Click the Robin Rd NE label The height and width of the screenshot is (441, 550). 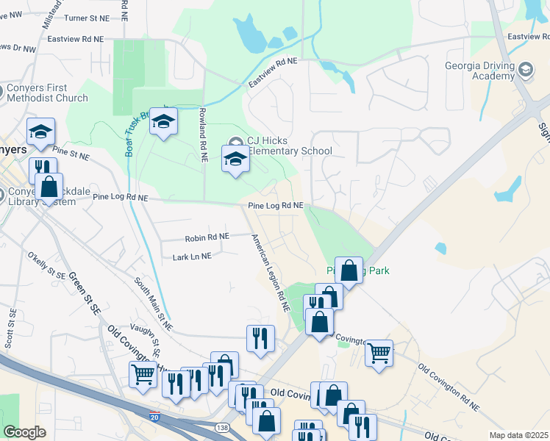tap(207, 237)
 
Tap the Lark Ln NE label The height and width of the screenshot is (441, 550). tap(191, 257)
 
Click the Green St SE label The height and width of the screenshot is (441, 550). tap(84, 295)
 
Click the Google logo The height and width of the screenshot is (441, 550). tap(24, 432)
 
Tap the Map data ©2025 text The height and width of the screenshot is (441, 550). tap(518, 435)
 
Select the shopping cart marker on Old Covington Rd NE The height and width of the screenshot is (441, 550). tap(379, 353)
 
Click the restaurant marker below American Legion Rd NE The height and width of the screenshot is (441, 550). tap(260, 338)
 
